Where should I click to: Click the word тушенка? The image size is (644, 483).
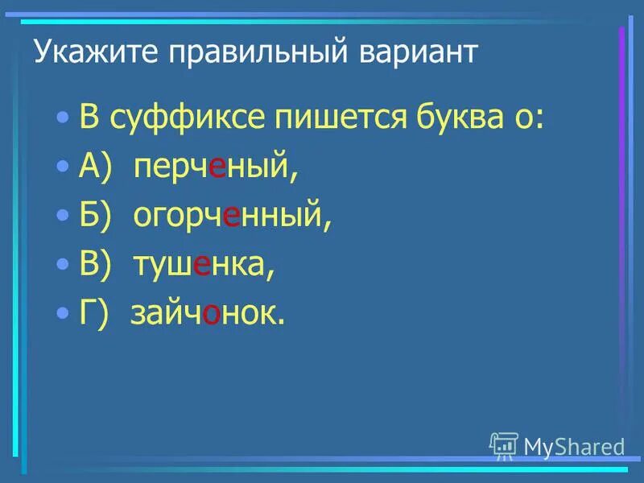coord(204,265)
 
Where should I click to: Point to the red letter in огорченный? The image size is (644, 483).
coord(232,217)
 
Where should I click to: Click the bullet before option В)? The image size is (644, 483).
coord(64,264)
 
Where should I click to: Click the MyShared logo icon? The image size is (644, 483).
coord(504,445)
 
